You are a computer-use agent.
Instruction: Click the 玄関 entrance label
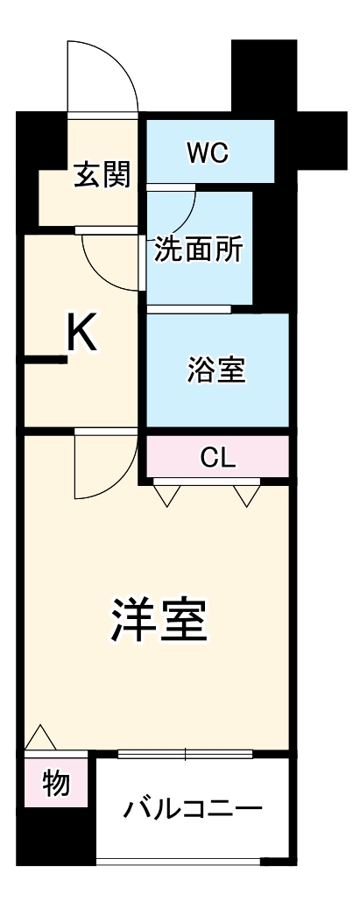point(102,175)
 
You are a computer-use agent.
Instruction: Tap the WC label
point(208,152)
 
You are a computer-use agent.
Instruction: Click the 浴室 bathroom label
point(215,370)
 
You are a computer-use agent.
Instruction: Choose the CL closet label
point(217,456)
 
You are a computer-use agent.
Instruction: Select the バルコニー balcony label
point(192,807)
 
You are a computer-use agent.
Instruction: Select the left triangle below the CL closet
point(166,496)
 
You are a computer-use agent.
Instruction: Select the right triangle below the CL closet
point(247,496)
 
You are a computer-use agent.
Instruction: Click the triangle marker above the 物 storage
point(40,738)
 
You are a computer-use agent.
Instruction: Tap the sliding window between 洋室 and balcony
point(185,752)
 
